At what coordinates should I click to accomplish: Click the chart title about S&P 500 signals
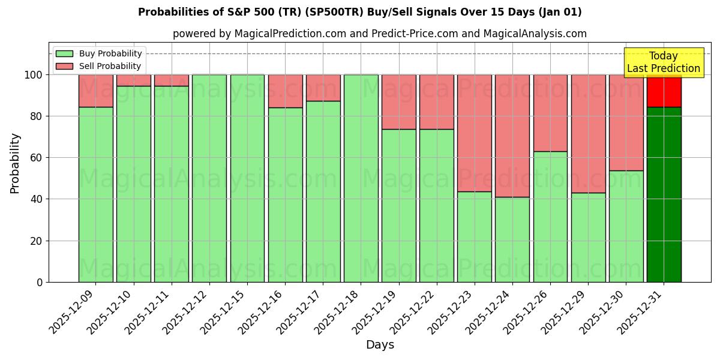click(359, 12)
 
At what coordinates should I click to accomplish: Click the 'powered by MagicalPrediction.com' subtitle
click(379, 34)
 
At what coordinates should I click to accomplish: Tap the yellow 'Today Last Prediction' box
click(663, 62)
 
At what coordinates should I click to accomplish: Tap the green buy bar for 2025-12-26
click(550, 217)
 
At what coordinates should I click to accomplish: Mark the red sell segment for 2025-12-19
click(398, 102)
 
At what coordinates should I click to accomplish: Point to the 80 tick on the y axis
click(37, 116)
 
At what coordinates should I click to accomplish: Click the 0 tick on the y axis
click(40, 282)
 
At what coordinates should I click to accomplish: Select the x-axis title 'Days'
click(379, 345)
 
